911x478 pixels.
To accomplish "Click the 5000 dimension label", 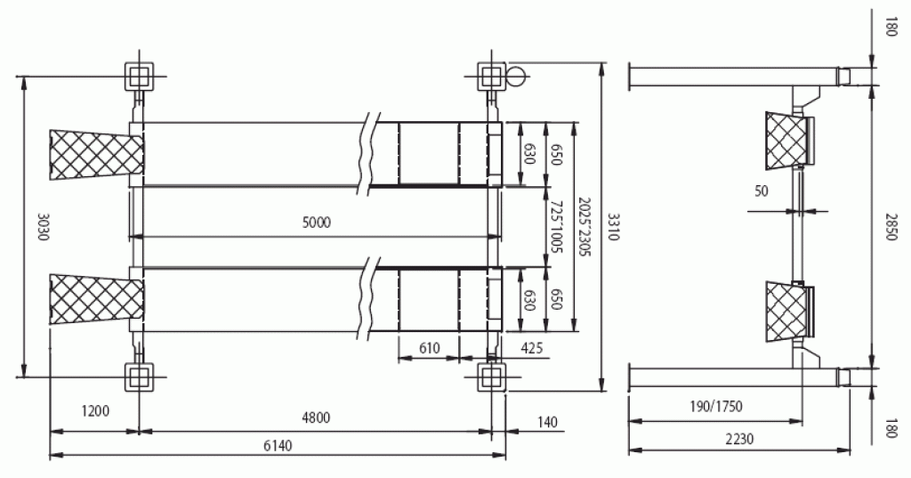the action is [x=317, y=223].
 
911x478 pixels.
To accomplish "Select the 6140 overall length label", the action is [x=278, y=445].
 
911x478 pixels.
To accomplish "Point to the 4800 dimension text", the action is [x=316, y=417].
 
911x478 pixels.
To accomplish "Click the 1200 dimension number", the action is [x=95, y=411].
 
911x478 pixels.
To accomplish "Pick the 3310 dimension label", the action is [x=615, y=227].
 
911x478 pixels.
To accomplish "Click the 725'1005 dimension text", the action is [x=556, y=227].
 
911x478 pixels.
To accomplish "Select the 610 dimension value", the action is [x=430, y=348].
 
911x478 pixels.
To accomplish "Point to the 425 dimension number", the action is [x=532, y=348].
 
